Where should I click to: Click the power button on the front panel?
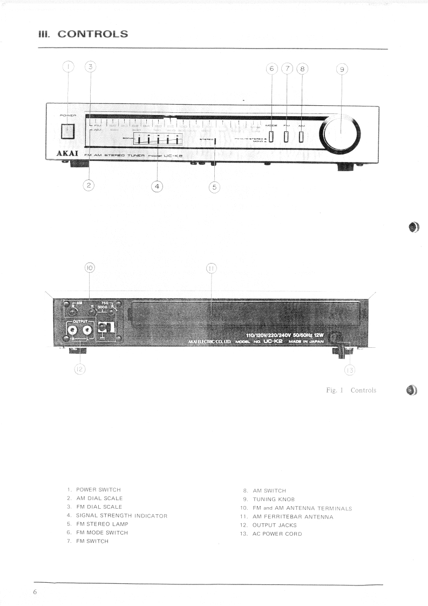click(67, 131)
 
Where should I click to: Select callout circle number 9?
click(342, 69)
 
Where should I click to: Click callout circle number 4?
click(157, 186)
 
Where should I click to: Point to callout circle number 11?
click(211, 268)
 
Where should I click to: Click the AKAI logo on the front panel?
click(68, 154)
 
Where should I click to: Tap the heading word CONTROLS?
click(93, 34)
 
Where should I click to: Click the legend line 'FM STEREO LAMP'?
click(102, 524)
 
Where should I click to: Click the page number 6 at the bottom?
click(35, 592)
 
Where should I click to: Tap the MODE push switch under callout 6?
click(271, 136)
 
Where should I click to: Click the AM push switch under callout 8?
click(301, 136)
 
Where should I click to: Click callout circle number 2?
click(89, 185)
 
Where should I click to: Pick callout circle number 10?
click(90, 268)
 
